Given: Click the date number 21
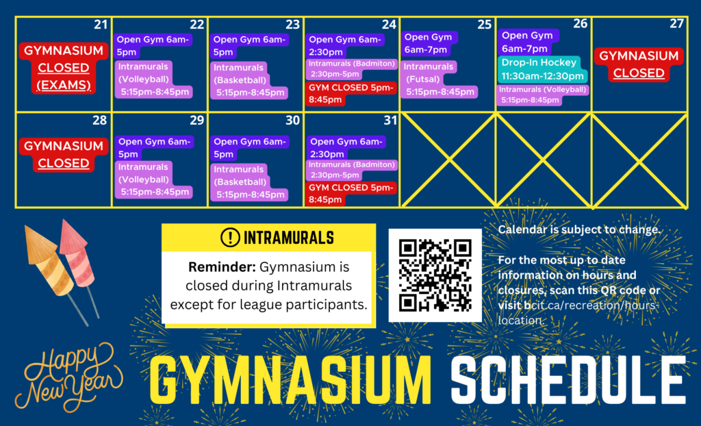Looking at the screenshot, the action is pos(101,24).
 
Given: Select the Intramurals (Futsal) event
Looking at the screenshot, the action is pos(439,79).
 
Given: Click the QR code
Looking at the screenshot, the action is pos(435,275).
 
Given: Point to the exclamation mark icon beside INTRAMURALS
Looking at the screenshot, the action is pos(230,237).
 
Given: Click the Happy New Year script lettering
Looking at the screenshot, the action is pos(68,377).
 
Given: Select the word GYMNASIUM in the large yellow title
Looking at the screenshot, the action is pos(290,381).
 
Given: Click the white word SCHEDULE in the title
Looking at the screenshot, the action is pos(568,380).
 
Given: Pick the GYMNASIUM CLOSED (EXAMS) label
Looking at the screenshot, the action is pos(64,68).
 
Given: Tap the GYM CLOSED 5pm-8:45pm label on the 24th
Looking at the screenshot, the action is pos(350,94).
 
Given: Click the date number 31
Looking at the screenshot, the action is pos(390,120).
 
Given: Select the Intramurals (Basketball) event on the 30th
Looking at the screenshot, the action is pos(249,182).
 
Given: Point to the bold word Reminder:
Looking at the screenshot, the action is pos(222,267).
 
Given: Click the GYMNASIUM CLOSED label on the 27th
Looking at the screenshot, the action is pos(639,64).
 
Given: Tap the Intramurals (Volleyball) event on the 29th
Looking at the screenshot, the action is pos(154,179).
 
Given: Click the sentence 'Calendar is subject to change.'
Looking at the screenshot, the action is pos(579,229).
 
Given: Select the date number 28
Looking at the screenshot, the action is pos(100,120).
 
